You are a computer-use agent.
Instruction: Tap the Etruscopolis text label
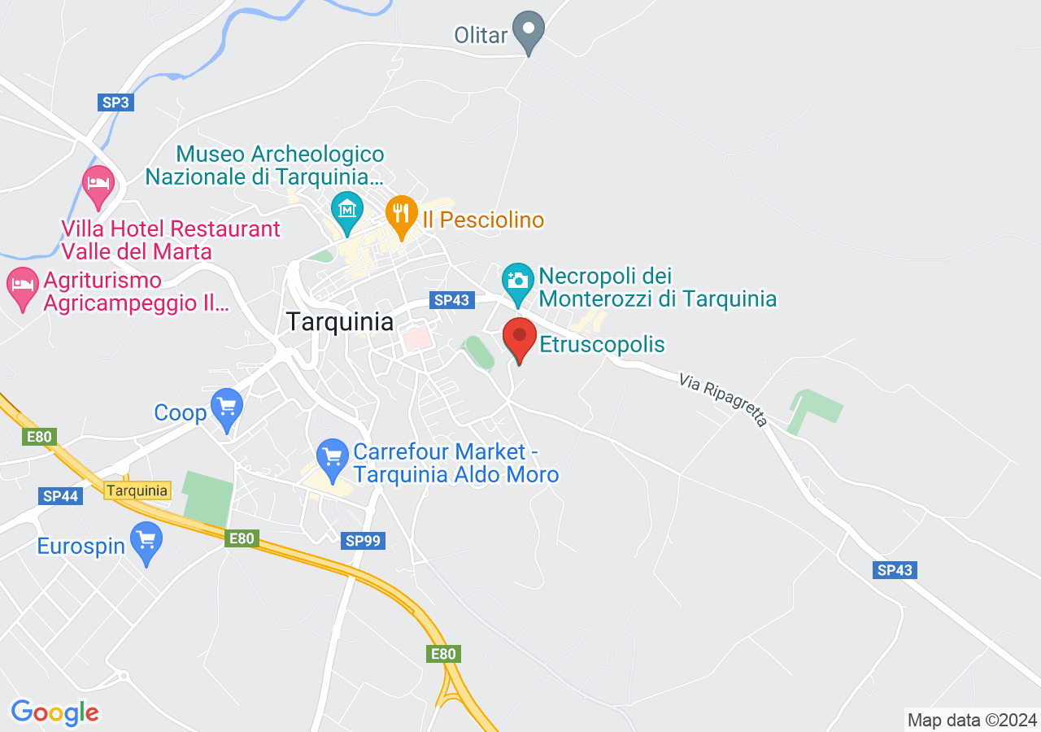602,345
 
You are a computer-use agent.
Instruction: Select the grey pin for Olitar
529,30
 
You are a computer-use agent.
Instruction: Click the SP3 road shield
115,102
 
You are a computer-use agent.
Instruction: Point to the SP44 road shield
60,495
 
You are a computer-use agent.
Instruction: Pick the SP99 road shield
363,540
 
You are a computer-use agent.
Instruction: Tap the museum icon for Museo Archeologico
347,210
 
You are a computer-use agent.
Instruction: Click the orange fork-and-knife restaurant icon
400,213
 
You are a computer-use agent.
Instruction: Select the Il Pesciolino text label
483,220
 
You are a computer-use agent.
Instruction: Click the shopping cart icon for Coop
226,405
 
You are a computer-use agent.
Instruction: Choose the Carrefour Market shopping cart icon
332,456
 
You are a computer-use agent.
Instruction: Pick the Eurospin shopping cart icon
146,539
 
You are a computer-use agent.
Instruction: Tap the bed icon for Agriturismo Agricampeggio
23,284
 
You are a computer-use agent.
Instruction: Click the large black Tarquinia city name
340,321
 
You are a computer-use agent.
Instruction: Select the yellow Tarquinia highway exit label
137,490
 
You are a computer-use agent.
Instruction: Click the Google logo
55,712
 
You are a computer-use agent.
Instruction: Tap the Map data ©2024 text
972,720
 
